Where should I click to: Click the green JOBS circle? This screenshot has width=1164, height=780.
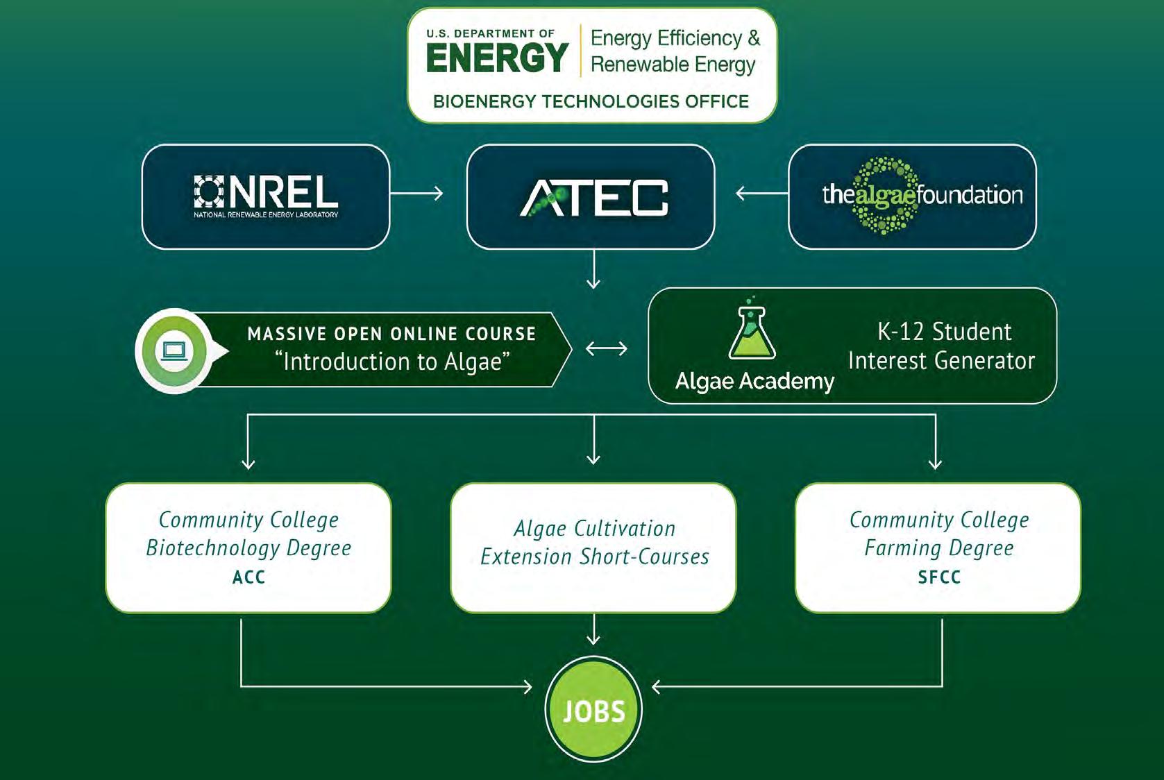(593, 709)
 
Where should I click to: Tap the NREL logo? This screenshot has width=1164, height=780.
(266, 196)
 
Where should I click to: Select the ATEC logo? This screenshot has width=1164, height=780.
(594, 198)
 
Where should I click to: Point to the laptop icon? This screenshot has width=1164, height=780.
(174, 351)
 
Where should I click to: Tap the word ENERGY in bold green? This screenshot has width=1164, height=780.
(497, 58)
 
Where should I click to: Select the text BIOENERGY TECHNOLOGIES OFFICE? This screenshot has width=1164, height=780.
(591, 101)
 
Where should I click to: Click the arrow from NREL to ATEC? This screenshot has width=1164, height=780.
(416, 194)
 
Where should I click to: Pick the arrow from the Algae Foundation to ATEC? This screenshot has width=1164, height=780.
(762, 194)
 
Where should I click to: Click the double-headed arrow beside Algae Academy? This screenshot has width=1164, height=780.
(607, 348)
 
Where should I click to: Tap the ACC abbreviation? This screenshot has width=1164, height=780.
(249, 577)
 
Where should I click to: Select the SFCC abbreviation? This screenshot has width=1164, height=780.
(939, 577)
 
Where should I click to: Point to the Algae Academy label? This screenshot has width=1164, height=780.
(754, 382)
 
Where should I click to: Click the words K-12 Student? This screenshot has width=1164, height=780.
(944, 332)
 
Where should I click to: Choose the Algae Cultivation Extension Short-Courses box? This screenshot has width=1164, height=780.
(593, 548)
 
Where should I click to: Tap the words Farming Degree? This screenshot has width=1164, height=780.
(939, 548)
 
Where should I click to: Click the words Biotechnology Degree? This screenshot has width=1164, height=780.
(249, 548)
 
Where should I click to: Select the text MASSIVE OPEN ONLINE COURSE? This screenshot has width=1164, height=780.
(391, 334)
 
